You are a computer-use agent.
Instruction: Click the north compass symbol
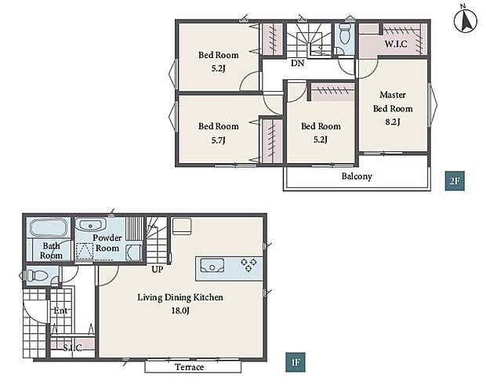coord(466,21)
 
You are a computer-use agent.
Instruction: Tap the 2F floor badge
coord(455,180)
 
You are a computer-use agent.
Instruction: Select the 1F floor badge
coord(296,362)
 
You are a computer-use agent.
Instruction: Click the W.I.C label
coord(396,44)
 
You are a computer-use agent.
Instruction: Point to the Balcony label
coord(357,176)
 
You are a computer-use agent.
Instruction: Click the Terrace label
coord(190,367)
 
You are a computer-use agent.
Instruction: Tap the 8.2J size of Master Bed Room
coord(393,122)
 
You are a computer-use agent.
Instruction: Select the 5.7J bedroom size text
coord(218,140)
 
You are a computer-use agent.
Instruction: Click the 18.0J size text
coord(180,310)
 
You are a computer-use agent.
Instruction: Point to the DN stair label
coord(297,64)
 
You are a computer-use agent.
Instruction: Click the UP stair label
coord(157,269)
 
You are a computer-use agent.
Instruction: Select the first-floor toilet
coord(37,275)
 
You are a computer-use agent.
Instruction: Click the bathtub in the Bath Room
coord(49,228)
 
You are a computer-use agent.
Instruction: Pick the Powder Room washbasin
coord(91,225)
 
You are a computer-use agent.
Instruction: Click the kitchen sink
coord(212,266)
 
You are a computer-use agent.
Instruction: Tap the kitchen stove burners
coord(249,265)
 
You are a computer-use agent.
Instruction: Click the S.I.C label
coord(73,348)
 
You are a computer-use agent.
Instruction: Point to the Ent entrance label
coord(60,310)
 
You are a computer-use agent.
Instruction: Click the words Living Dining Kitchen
coord(180,297)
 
